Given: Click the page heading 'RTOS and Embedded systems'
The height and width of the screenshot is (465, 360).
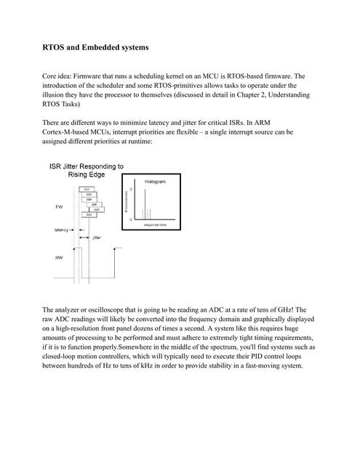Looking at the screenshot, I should pos(96,47).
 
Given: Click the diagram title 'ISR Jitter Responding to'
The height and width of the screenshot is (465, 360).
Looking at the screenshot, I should pos(86,166).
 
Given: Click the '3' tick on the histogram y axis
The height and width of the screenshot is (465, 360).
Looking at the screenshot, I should pos(131,189).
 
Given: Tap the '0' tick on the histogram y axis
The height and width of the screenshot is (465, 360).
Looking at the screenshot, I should pos(131,218).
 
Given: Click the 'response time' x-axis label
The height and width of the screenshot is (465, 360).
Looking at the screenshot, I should pos(156,225).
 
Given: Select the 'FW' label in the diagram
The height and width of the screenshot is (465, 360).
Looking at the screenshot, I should pos(59,207).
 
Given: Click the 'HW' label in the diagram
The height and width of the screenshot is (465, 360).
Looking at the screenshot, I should pos(59,258).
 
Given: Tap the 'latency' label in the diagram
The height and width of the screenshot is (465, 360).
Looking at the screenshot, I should pos(62,230).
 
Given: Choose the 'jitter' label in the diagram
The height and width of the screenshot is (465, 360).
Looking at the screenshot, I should pos(97,238).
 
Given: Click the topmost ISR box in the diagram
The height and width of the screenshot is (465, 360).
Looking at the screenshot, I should pos(87,189).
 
